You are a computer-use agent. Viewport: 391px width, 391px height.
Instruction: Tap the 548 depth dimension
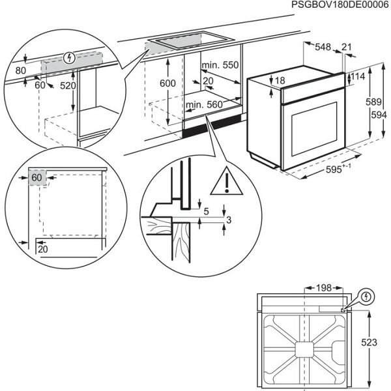pyautogui.click(x=322, y=47)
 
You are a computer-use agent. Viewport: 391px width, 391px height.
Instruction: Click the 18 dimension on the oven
pyautogui.click(x=280, y=81)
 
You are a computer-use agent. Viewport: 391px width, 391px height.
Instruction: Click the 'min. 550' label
pyautogui.click(x=220, y=65)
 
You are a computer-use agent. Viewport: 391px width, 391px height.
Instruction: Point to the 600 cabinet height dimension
pyautogui.click(x=168, y=83)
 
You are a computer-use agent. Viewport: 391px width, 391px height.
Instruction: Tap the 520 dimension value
pyautogui.click(x=67, y=85)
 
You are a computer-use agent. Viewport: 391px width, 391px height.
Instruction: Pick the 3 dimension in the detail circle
pyautogui.click(x=227, y=222)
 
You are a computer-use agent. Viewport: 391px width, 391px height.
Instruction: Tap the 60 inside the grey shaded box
pyautogui.click(x=36, y=177)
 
